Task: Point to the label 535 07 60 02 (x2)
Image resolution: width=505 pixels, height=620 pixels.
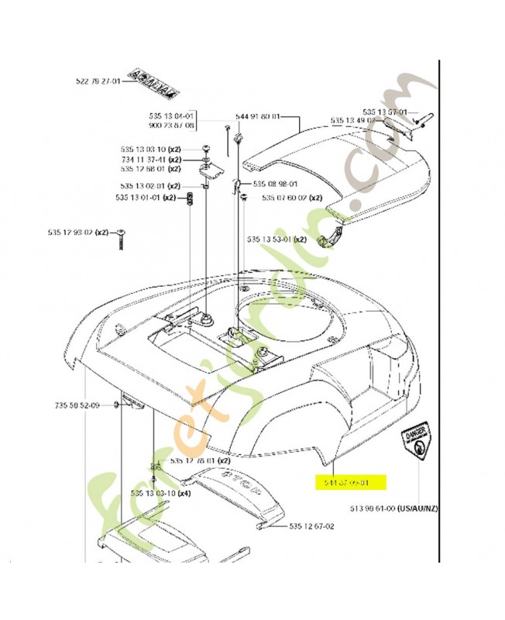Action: coord(292,198)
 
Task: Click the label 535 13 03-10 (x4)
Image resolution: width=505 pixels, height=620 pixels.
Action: coord(160,493)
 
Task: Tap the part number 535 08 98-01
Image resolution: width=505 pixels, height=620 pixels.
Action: coord(277,184)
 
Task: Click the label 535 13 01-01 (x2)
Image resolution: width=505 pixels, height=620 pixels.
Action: coord(147,198)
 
